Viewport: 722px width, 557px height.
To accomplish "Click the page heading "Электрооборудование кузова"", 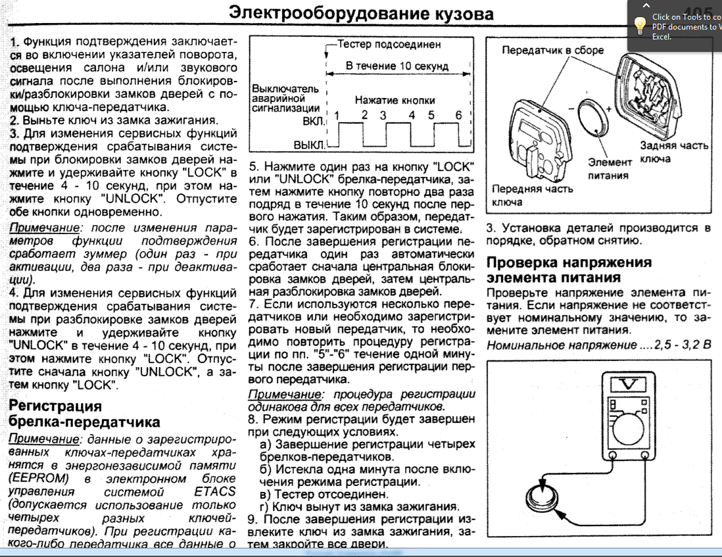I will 360,14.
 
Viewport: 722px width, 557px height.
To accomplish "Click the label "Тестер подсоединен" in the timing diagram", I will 389,45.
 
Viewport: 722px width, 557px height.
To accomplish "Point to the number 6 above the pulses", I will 458,116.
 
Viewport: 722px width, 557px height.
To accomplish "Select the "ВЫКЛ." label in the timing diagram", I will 308,143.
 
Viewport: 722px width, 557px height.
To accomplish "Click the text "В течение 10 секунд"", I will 397,66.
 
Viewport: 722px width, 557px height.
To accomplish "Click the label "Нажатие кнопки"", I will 395,100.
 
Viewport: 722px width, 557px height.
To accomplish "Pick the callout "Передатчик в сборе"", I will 552,50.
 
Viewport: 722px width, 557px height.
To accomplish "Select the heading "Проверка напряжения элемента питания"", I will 569,270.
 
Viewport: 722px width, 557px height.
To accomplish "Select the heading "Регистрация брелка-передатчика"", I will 85,413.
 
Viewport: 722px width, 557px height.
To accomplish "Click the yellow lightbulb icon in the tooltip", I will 638,24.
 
